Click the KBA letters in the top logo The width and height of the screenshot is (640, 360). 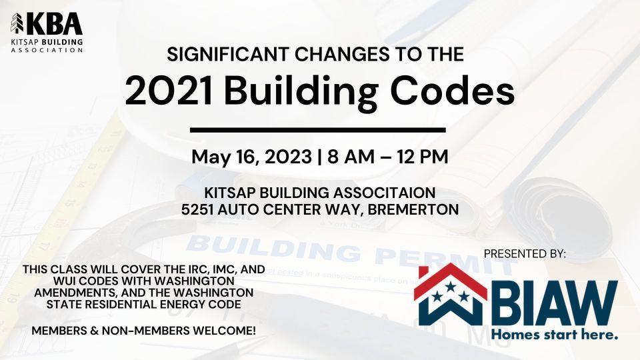pyautogui.click(x=54, y=24)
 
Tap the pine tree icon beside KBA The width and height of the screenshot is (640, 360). pyautogui.click(x=17, y=23)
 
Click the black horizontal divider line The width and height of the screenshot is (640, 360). pyautogui.click(x=317, y=130)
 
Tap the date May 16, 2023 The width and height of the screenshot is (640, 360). pyautogui.click(x=252, y=157)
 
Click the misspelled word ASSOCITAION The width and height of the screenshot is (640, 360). pyautogui.click(x=385, y=193)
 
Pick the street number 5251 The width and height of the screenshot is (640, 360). pyautogui.click(x=197, y=209)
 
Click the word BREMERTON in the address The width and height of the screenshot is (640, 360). pyautogui.click(x=413, y=209)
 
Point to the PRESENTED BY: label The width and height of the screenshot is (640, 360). pyautogui.click(x=525, y=254)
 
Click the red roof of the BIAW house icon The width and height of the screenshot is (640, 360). pyautogui.click(x=450, y=279)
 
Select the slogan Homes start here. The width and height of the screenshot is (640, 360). pyautogui.click(x=554, y=335)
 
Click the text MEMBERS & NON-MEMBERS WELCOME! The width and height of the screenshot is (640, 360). pyautogui.click(x=144, y=331)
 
